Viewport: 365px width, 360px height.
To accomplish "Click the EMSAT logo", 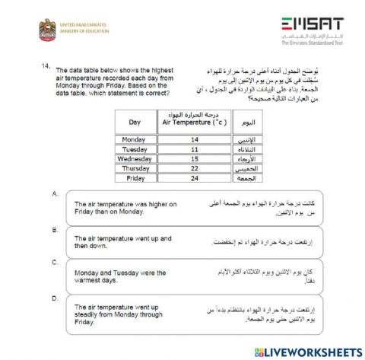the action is pos(311,28).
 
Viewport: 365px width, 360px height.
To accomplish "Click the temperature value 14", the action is pos(195,139).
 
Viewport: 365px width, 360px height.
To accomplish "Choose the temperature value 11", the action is pos(195,149).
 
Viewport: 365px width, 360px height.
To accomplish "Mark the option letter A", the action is pos(55,194).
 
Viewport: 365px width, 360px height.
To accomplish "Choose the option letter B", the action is pos(55,228).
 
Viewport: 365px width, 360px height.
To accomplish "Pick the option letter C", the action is pos(55,262).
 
